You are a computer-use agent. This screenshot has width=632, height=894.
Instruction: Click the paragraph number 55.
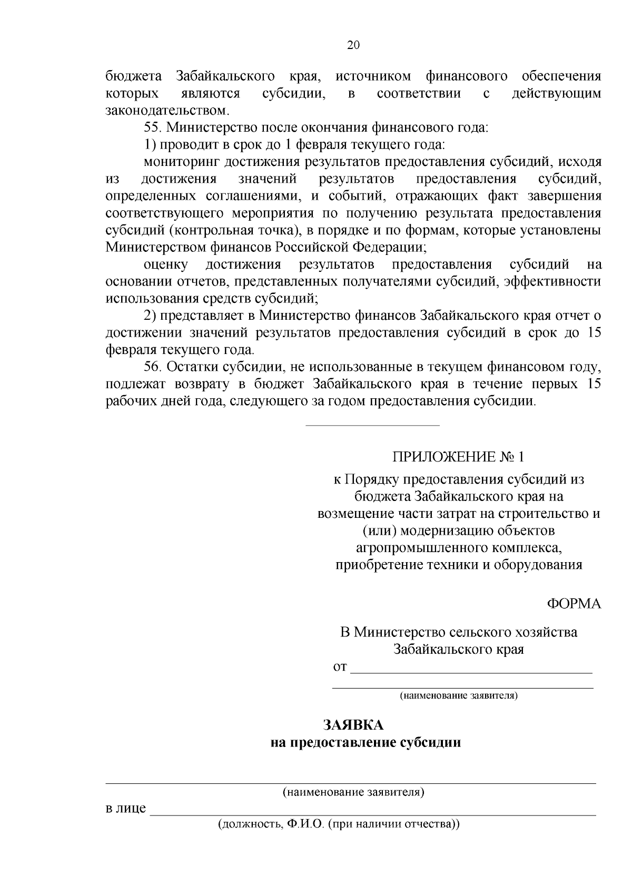point(153,127)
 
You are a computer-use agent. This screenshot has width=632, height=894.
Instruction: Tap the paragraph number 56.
point(153,367)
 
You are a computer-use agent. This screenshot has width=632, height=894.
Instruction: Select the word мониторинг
point(179,162)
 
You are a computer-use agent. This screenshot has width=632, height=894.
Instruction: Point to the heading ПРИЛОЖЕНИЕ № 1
point(459,456)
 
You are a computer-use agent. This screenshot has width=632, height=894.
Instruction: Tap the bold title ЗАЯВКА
point(353,725)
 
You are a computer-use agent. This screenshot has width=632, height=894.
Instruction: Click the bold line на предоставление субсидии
point(366,743)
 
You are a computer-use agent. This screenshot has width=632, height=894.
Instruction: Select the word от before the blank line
point(340,667)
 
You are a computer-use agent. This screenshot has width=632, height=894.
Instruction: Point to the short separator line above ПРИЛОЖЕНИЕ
point(372,425)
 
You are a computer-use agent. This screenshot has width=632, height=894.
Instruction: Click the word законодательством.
point(167,111)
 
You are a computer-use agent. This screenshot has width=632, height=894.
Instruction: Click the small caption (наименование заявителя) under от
point(459,696)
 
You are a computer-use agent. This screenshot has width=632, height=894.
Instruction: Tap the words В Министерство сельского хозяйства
point(459,632)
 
